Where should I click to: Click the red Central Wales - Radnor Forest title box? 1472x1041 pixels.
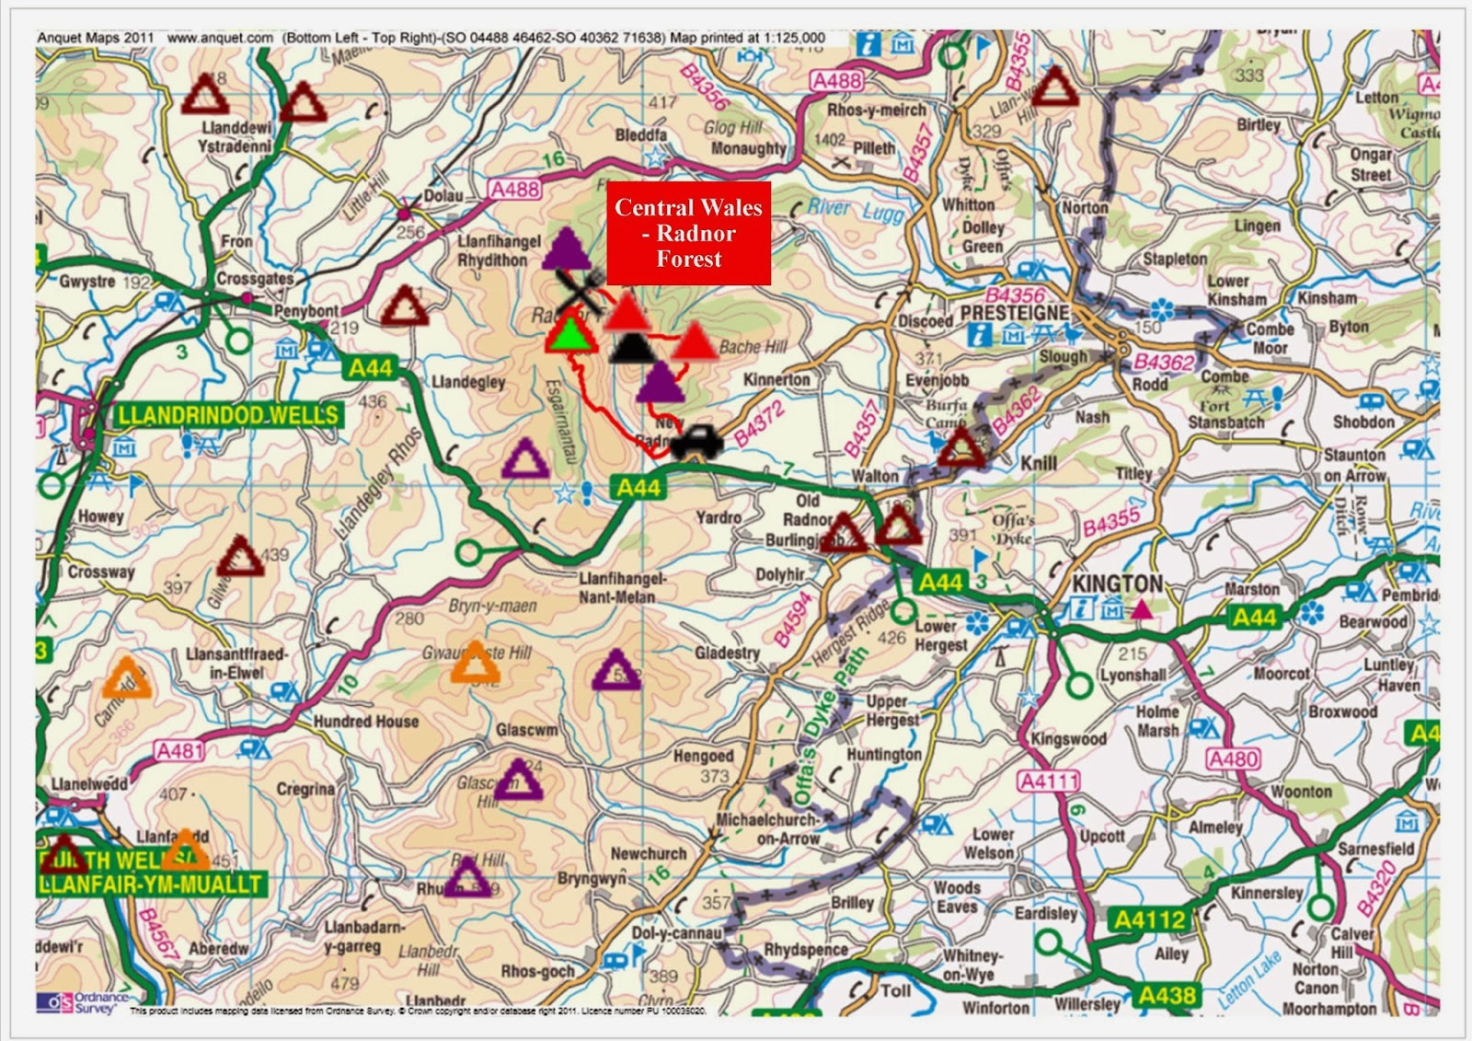click(688, 233)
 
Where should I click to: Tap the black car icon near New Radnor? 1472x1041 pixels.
click(697, 442)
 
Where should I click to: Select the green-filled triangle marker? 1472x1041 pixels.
click(570, 334)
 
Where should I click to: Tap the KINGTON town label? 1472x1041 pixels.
click(1117, 584)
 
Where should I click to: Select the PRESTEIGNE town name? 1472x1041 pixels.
click(1015, 313)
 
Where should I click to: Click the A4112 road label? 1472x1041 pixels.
click(1150, 920)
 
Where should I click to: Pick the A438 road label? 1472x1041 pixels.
click(1167, 995)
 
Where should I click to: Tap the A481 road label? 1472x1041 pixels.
click(179, 751)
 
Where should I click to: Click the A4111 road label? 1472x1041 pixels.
click(1049, 781)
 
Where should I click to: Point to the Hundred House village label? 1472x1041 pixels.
click(366, 722)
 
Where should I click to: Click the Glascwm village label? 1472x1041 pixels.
click(526, 730)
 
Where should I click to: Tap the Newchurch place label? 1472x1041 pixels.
click(649, 854)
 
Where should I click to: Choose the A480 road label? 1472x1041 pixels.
click(1233, 759)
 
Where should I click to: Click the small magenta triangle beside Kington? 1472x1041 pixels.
click(1142, 609)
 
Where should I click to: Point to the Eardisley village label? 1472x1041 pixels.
click(1045, 913)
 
